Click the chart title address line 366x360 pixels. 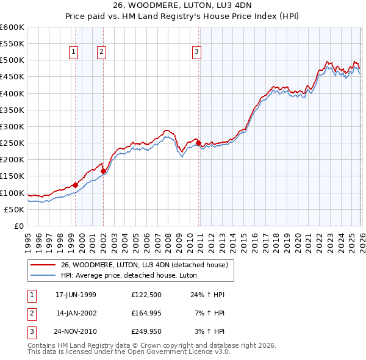[x=182, y=5]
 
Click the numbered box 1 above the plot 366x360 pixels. [x=73, y=52]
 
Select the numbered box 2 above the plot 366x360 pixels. [x=101, y=52]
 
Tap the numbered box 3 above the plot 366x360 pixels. [x=196, y=52]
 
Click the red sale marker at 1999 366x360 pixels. [x=76, y=185]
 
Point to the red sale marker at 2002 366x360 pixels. [x=103, y=171]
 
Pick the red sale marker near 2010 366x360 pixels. [x=199, y=143]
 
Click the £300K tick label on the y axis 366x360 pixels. [x=12, y=126]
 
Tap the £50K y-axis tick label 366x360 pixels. [x=15, y=209]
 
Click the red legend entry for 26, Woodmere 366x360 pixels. [x=144, y=265]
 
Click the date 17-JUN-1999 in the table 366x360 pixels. [x=76, y=295]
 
